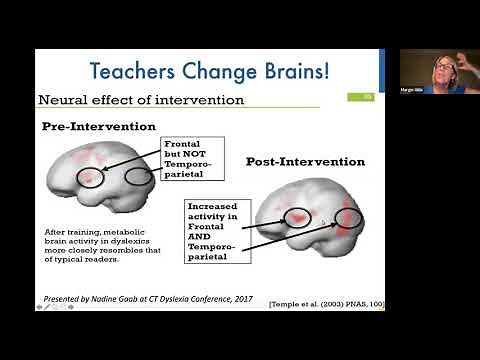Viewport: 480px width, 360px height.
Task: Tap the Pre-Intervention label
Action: [98, 127]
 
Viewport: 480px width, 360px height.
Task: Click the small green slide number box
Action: [366, 97]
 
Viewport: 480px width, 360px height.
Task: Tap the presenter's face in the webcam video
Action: [442, 69]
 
